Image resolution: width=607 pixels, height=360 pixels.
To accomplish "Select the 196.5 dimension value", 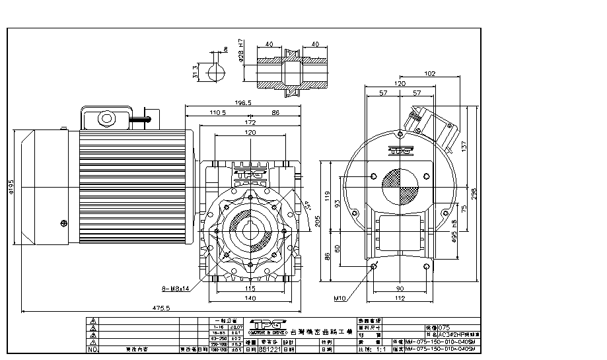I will pos(244,103).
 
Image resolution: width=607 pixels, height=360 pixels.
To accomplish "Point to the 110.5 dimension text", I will pos(218,113).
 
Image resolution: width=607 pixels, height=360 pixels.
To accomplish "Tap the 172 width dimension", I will pos(250,123).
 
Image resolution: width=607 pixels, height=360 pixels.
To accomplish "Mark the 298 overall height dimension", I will pos(474,192).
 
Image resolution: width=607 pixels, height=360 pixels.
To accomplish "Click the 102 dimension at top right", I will pos(430,74).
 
